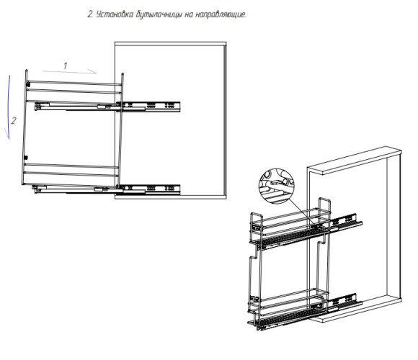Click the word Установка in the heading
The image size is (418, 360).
115,14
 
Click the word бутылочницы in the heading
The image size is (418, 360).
159,15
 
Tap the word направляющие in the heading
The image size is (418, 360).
221,15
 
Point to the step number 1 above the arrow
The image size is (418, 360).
66,66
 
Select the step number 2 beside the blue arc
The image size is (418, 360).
13,121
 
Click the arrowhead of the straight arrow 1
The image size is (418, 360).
92,71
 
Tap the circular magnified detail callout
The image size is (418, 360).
276,186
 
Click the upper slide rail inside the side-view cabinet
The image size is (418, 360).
148,107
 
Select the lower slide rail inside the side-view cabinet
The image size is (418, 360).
148,189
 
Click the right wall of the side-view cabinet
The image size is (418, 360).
225,120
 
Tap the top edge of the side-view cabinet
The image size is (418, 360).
171,43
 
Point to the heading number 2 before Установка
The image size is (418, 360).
90,14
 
